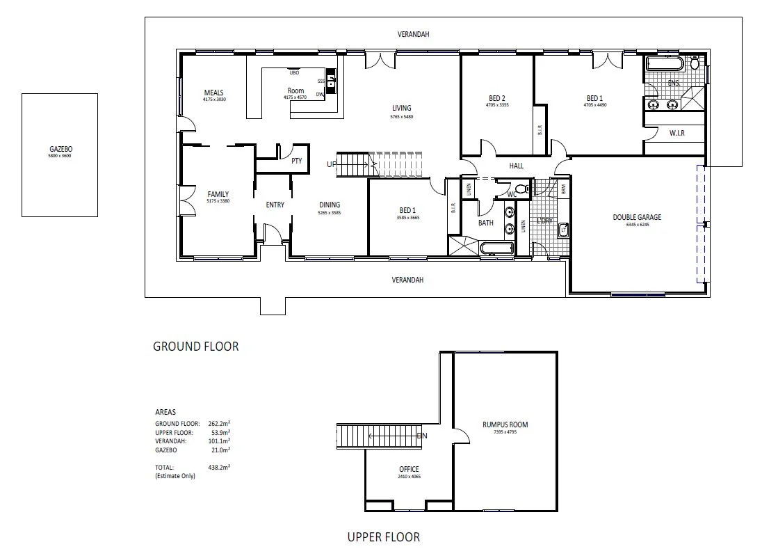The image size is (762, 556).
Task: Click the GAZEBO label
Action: (x=60, y=149)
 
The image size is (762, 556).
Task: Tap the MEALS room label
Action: (x=213, y=93)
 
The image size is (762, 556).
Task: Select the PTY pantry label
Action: (x=297, y=161)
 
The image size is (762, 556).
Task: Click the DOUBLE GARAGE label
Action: (x=636, y=217)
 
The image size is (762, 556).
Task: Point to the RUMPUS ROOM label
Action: (x=505, y=424)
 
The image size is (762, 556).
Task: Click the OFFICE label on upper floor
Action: (x=409, y=470)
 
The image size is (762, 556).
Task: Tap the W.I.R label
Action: (x=676, y=132)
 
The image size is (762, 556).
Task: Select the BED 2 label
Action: (x=496, y=98)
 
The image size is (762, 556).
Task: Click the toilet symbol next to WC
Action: (x=524, y=188)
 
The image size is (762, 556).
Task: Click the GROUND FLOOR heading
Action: (x=195, y=346)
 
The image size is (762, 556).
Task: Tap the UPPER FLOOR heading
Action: (x=383, y=537)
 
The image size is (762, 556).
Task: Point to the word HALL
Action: (x=516, y=166)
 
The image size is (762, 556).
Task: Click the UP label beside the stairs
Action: (x=332, y=164)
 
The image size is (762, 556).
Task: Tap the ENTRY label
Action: (x=275, y=205)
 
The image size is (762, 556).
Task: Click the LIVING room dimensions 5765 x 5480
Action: (x=401, y=117)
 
